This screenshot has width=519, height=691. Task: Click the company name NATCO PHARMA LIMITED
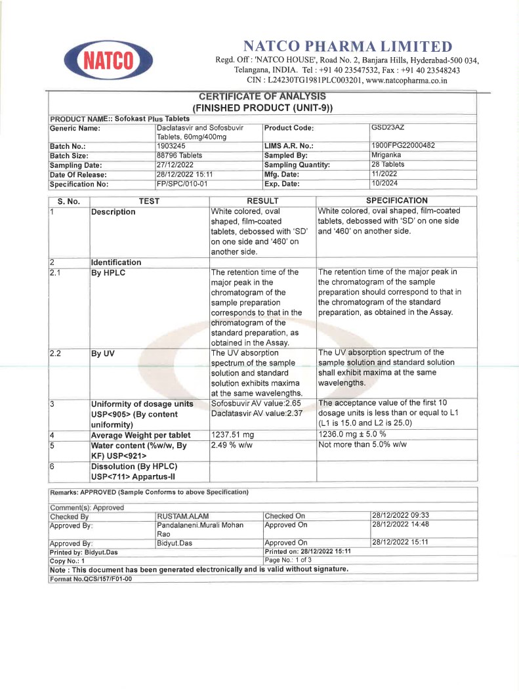pos(347,47)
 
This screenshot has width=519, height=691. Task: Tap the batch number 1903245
pos(171,146)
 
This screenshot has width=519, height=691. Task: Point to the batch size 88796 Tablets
pos(179,156)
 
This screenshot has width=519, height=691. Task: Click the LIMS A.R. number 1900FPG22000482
pos(404,145)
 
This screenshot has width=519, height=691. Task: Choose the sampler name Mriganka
pos(386,155)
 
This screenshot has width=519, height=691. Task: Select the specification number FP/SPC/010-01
pos(182,184)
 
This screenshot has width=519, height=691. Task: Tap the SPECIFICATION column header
pos(396,201)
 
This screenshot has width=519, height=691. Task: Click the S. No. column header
pos(68,201)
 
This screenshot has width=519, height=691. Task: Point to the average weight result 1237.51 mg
pos(232,434)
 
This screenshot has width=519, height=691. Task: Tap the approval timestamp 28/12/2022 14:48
pos(400,525)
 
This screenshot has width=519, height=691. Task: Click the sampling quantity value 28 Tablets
pos(388,165)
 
